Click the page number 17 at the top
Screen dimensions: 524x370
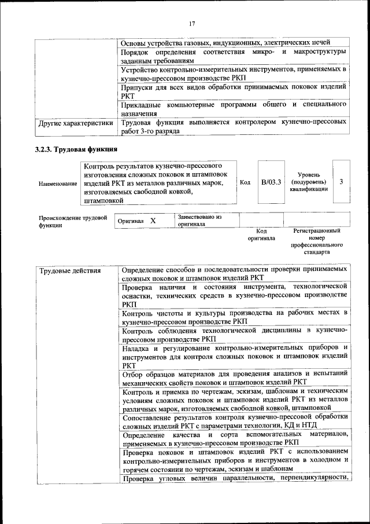pos(192,23)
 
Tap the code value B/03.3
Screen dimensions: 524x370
pos(271,182)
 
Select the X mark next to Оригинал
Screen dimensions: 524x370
pos(153,221)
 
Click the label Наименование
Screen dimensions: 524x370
pos(58,184)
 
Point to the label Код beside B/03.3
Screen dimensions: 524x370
pos(245,182)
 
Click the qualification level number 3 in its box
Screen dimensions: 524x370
pos(342,182)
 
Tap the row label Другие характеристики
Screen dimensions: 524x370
pos(76,123)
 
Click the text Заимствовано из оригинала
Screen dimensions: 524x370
pos(199,220)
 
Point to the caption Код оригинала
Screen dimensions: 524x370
pos(261,234)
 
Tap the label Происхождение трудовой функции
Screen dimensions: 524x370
pos(72,222)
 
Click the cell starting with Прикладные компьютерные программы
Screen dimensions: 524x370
pos(234,109)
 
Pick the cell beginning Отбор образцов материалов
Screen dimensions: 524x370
pos(234,378)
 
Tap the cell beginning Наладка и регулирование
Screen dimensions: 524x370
pos(234,357)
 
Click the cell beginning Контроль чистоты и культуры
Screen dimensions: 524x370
pos(234,317)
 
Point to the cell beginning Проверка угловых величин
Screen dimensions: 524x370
pos(234,478)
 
